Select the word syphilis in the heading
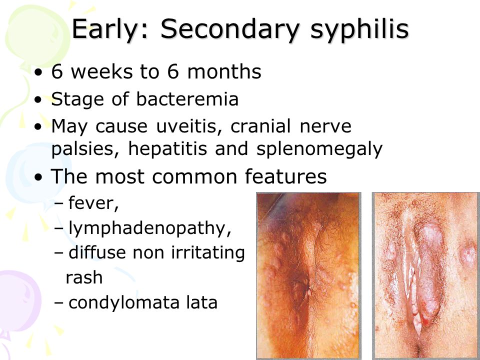[x=359, y=29]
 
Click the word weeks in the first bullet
[x=102, y=71]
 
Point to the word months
[x=224, y=71]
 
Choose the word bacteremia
[x=187, y=99]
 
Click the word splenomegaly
[x=319, y=149]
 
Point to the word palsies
[x=85, y=149]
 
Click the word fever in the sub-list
[x=91, y=203]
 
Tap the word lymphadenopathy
[x=150, y=228]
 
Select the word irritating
[x=208, y=253]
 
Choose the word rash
[x=84, y=277]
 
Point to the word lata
[x=202, y=302]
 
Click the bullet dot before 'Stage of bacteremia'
[x=38, y=100]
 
